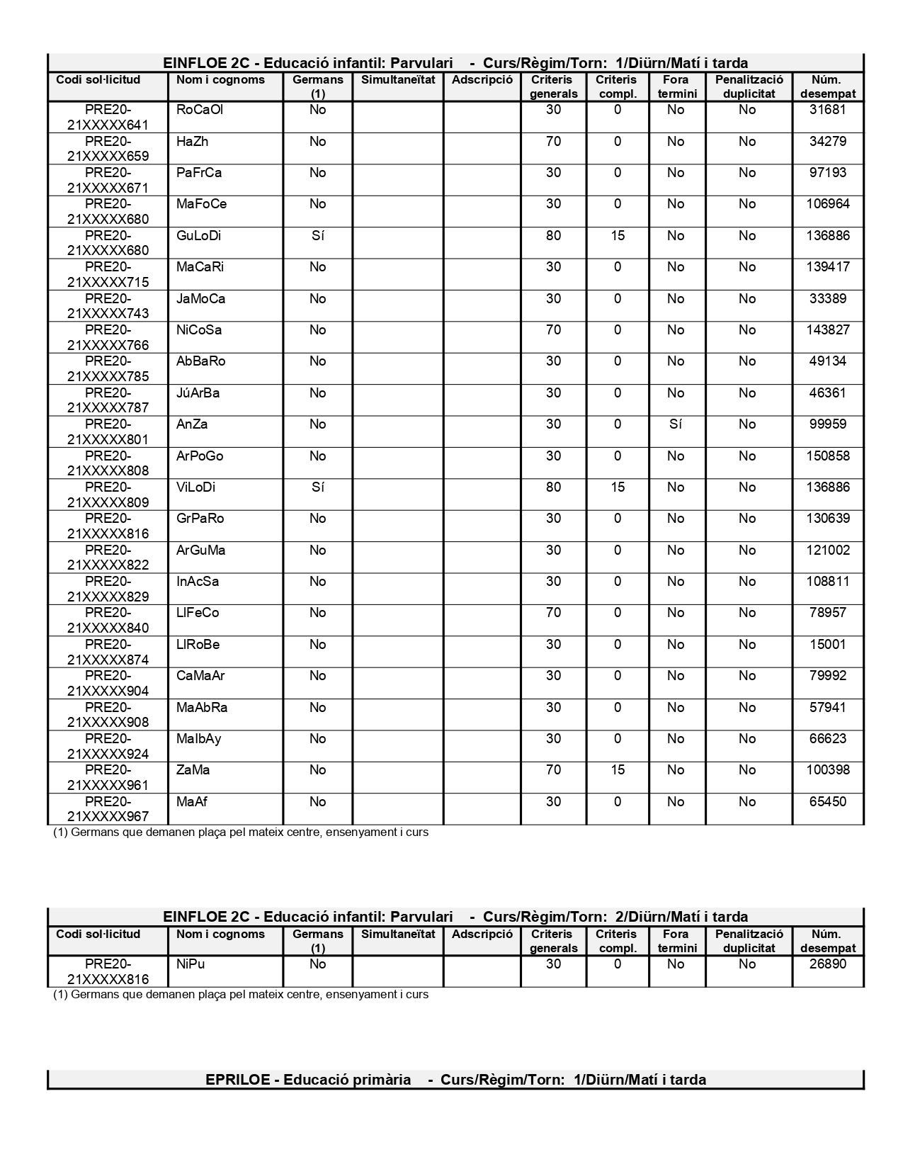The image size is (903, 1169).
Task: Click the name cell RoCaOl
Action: pyautogui.click(x=200, y=110)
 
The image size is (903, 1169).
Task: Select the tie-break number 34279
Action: pyautogui.click(x=827, y=142)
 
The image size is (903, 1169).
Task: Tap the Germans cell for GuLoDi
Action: pyautogui.click(x=317, y=236)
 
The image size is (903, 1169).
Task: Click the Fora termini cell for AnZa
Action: pyautogui.click(x=676, y=424)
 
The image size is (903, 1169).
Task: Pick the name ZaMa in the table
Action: pyautogui.click(x=193, y=770)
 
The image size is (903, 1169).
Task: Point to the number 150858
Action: pyautogui.click(x=827, y=456)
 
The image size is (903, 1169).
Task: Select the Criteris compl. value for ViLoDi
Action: pyautogui.click(x=617, y=487)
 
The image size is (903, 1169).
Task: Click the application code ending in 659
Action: pyautogui.click(x=108, y=149)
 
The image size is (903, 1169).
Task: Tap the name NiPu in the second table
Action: pyautogui.click(x=191, y=964)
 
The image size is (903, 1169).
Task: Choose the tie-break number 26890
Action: pyautogui.click(x=827, y=964)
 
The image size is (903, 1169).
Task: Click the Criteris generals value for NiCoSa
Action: pyautogui.click(x=553, y=330)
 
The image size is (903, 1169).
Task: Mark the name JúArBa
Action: pyautogui.click(x=198, y=393)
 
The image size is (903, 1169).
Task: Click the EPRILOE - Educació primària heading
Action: pyautogui.click(x=455, y=1080)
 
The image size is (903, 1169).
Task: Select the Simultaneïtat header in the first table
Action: pyautogui.click(x=398, y=80)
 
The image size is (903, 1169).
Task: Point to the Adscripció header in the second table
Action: pyautogui.click(x=482, y=934)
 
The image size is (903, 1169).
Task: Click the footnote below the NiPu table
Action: pyautogui.click(x=241, y=995)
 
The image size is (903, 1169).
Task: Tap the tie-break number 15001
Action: pyautogui.click(x=827, y=645)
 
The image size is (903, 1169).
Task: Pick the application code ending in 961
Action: pyautogui.click(x=108, y=777)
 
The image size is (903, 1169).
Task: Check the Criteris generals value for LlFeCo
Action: pyautogui.click(x=553, y=613)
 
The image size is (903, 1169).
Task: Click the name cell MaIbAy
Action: pyautogui.click(x=198, y=739)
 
